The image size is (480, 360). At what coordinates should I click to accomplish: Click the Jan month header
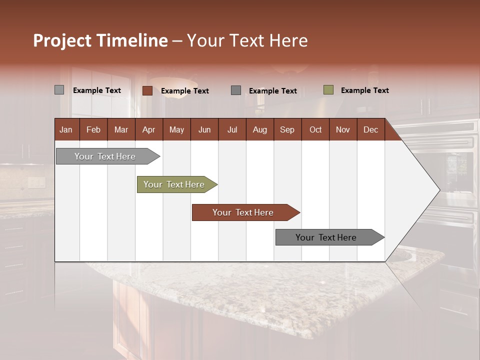(x=66, y=129)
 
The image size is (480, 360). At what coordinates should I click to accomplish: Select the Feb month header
(x=93, y=129)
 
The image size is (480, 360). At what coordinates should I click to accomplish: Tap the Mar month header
(x=121, y=129)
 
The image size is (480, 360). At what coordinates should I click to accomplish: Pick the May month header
(x=176, y=129)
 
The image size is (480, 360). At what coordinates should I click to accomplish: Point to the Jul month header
(x=232, y=129)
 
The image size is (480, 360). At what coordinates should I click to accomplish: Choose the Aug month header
(x=259, y=129)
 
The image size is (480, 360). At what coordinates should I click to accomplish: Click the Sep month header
(x=287, y=129)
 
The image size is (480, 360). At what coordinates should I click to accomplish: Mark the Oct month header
(x=315, y=129)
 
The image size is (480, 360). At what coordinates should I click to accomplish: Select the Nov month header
(x=342, y=129)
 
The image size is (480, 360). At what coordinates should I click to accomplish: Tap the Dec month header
(x=370, y=129)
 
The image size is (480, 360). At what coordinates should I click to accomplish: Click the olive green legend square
(x=328, y=90)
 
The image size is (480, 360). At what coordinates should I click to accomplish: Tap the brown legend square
(x=147, y=90)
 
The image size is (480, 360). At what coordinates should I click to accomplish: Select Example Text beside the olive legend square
(x=364, y=90)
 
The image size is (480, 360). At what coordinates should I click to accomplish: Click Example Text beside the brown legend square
(x=184, y=91)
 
